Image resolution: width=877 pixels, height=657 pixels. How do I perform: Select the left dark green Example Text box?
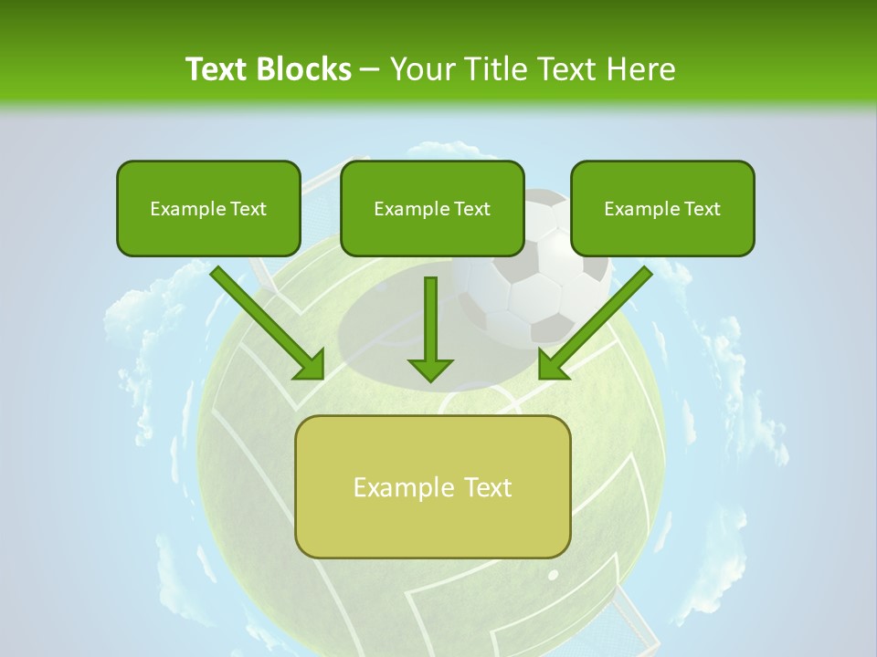[x=208, y=208]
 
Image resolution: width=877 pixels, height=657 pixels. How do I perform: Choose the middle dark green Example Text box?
[x=432, y=208]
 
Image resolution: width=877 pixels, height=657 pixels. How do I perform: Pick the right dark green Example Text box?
[x=662, y=208]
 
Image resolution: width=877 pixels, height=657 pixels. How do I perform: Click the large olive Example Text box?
[x=432, y=486]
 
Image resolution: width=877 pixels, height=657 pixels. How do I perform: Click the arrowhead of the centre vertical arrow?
[x=430, y=370]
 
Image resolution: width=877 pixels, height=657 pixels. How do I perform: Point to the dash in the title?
[x=370, y=70]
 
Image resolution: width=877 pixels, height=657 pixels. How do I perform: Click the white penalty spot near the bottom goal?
[x=553, y=575]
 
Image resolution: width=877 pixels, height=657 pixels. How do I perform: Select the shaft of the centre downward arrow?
[x=430, y=315]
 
